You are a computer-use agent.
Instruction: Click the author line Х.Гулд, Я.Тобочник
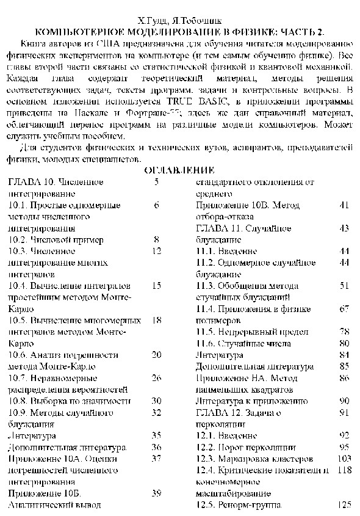179,21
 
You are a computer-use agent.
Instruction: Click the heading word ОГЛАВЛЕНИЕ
179,170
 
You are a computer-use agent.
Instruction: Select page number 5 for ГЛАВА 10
157,182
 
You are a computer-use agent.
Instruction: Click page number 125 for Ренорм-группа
345,505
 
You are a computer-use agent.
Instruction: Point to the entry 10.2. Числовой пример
49,239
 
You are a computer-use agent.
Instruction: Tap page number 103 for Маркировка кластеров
345,459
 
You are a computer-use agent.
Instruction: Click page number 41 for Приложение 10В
344,205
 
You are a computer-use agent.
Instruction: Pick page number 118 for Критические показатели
345,470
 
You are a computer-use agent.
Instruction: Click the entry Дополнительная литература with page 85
254,366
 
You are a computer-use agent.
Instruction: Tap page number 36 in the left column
156,447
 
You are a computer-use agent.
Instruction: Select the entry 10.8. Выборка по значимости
70,401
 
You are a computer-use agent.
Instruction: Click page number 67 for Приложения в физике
344,309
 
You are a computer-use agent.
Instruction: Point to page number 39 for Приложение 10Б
156,493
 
